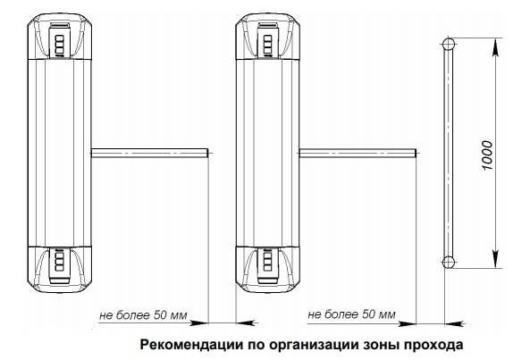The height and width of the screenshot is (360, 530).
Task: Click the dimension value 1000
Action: point(487,155)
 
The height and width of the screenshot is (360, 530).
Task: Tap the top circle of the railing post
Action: point(449,44)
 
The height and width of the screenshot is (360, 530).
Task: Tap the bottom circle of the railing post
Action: point(449,262)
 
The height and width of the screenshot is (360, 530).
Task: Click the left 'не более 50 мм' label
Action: point(143,315)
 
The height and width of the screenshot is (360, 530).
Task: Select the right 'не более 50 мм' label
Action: point(351,314)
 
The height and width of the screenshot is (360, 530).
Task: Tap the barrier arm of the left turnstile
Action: point(149,153)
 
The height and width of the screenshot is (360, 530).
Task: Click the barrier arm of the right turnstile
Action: point(358,153)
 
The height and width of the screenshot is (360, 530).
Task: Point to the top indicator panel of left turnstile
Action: point(60,38)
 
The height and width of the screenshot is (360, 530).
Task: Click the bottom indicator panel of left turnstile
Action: point(60,266)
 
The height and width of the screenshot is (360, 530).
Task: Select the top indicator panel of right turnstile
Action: point(268,38)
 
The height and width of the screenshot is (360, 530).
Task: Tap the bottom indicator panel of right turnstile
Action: point(268,266)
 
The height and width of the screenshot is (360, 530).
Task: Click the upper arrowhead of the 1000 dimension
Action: point(495,46)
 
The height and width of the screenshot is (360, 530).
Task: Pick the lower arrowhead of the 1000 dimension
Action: point(495,259)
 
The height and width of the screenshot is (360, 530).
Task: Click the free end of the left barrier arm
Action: point(207,153)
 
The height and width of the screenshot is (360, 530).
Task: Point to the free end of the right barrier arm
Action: point(416,153)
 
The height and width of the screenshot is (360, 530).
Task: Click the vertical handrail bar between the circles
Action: point(449,153)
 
